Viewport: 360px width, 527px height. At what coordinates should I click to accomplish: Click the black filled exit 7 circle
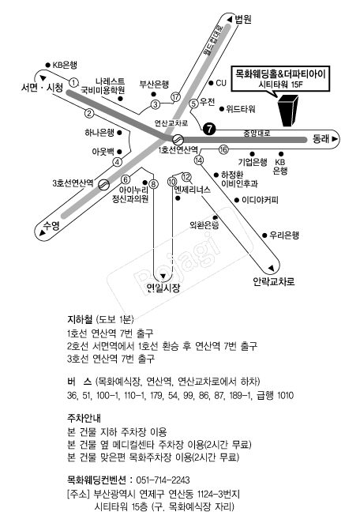point(209,129)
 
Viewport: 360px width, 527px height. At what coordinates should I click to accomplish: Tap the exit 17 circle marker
point(175,97)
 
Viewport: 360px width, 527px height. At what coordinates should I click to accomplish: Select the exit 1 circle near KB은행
point(73,83)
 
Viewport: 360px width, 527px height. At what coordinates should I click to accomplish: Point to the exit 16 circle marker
point(223,149)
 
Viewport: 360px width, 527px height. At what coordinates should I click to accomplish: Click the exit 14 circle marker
point(199,160)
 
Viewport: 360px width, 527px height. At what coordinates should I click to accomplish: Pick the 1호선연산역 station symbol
point(178,139)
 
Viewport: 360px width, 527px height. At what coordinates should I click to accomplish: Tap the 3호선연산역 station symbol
point(103,184)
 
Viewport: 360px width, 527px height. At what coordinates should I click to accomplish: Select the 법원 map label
point(243,19)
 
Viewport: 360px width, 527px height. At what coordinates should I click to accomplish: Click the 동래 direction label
point(321,138)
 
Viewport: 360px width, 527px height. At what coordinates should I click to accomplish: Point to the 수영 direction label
point(51,225)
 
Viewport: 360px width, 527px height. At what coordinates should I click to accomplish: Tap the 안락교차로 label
point(274,281)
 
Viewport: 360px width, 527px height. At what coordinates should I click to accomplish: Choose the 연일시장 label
point(163,288)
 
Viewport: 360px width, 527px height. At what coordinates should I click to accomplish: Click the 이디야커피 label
point(260,201)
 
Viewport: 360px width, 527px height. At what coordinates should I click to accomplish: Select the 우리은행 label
point(284,235)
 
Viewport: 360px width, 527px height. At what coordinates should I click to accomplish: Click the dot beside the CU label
point(212,83)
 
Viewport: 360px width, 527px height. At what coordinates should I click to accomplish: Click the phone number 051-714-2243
point(163,480)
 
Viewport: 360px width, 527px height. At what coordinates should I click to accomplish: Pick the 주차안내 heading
point(84,419)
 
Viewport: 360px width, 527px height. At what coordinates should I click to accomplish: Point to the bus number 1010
point(285,395)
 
